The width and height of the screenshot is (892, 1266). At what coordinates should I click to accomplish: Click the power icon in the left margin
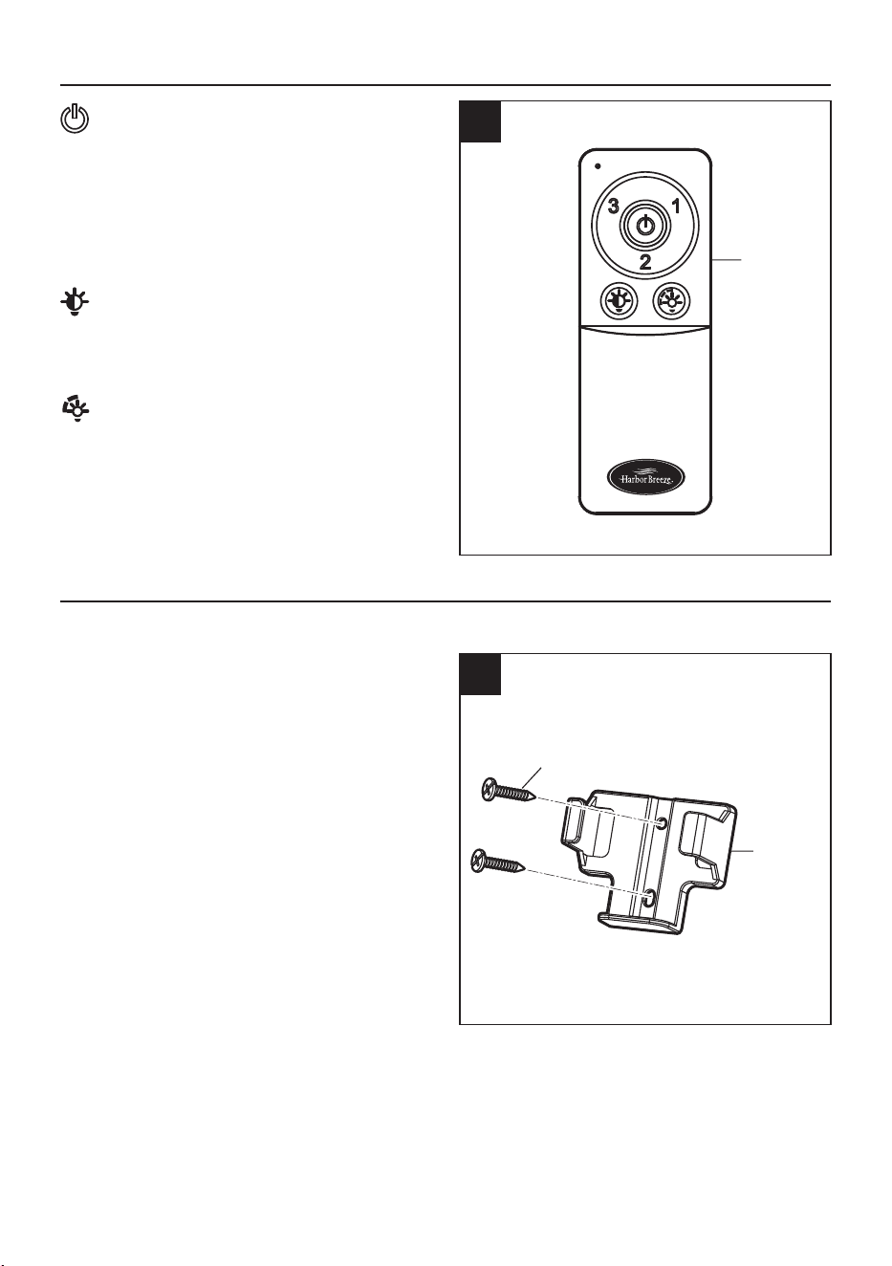point(75,120)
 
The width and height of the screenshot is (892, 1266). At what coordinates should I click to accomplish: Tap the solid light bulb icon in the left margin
point(75,302)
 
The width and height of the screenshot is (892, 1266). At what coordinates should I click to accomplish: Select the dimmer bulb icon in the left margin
point(76,410)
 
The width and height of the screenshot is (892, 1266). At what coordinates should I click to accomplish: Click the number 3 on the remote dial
point(614,207)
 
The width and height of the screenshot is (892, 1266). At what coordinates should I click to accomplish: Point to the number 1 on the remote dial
point(676,207)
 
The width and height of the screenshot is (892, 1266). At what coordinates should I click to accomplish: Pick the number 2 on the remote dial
point(645,262)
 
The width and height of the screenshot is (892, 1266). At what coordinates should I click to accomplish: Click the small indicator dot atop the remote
point(598,166)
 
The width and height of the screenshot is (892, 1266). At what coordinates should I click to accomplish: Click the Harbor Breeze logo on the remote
point(645,478)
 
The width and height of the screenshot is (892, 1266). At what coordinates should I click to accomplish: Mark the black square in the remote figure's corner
point(480,121)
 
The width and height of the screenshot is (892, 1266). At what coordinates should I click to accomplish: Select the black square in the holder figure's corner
point(480,674)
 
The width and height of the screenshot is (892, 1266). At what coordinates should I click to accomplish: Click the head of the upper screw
point(490,789)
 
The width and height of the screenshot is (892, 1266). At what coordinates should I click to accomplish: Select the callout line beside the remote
point(727,259)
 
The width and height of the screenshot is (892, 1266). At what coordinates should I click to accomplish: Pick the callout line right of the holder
point(743,849)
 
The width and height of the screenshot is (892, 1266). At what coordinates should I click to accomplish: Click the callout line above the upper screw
point(533,777)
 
